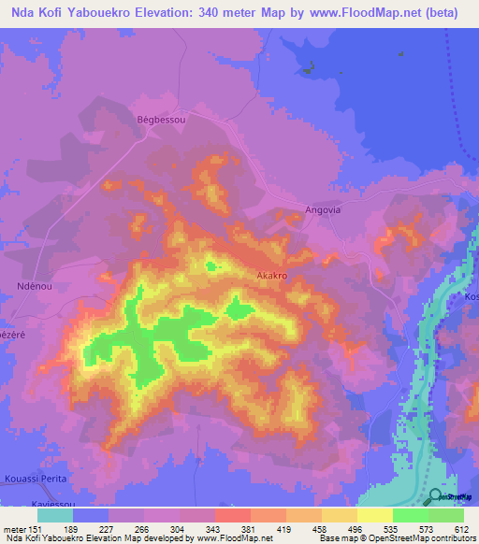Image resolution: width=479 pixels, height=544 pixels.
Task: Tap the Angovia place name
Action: click(326, 210)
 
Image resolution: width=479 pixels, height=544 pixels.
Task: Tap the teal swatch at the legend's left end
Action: click(55, 514)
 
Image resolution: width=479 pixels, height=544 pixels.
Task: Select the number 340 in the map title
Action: click(216, 11)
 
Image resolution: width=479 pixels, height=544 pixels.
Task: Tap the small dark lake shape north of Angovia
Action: click(306, 66)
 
